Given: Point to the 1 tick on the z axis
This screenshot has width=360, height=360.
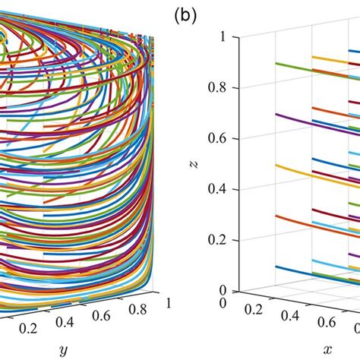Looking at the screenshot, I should click(x=223, y=36).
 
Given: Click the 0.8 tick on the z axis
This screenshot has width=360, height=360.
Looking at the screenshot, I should click(x=217, y=87).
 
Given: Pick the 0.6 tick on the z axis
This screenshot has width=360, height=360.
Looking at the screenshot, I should click(x=217, y=137).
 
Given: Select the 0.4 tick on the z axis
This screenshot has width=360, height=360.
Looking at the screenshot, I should click(x=217, y=188).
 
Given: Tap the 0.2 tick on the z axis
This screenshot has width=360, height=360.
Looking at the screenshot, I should click(x=217, y=239).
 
